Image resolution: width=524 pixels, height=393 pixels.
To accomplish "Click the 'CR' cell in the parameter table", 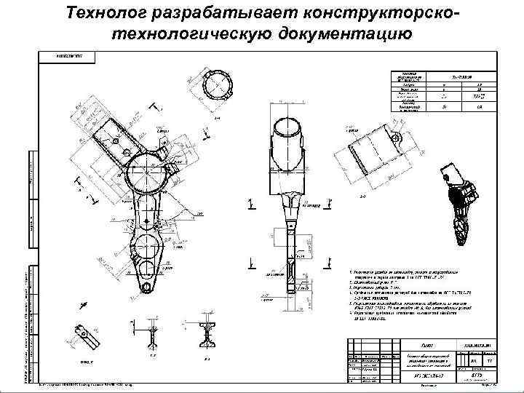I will [480, 107].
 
